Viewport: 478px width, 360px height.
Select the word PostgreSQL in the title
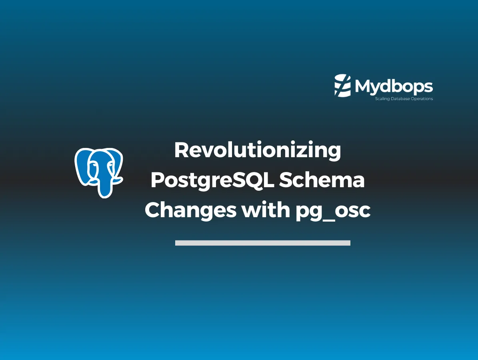click(212, 181)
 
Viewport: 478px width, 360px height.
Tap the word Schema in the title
click(322, 181)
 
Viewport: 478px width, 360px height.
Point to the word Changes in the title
click(190, 210)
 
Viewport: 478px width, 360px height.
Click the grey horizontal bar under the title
click(262, 243)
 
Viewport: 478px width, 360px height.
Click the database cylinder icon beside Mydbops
click(342, 85)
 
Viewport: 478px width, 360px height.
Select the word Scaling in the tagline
click(381, 99)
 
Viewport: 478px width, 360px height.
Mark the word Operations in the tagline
click(423, 99)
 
